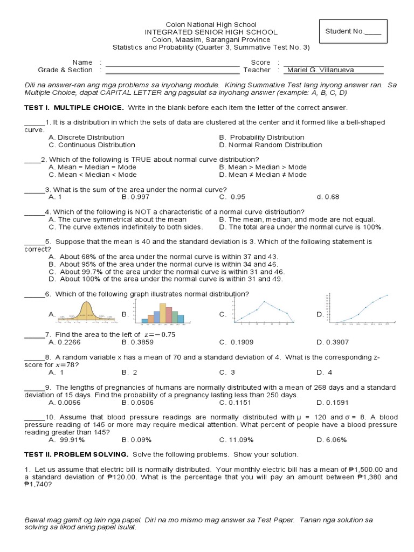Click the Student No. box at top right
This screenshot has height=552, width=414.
coord(353,32)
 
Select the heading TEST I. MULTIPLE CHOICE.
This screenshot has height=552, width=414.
coord(74,108)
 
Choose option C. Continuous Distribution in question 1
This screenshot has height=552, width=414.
coord(92,145)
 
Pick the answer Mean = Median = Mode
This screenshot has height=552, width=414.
coord(92,167)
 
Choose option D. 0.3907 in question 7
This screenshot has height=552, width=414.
coord(333,342)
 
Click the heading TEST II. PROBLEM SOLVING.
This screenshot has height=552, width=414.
coord(76,454)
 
